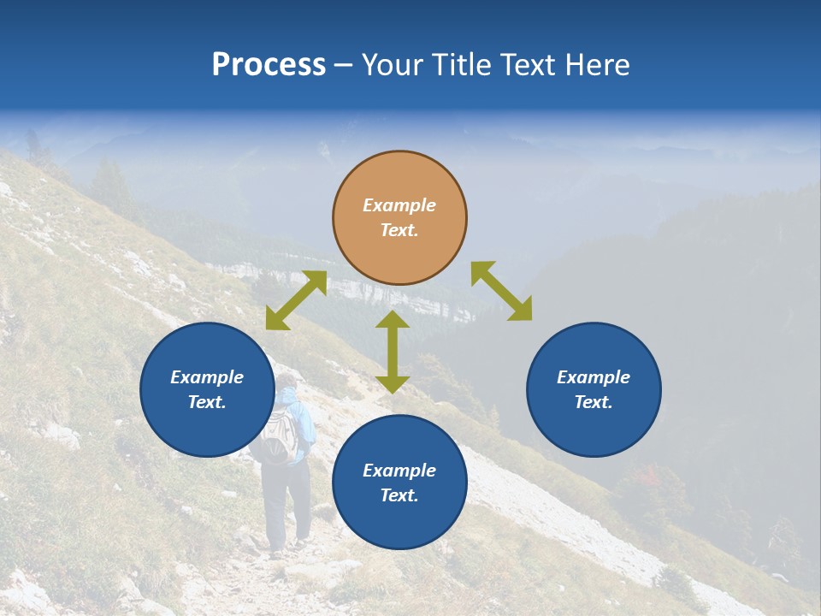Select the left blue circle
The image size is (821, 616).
click(207, 389)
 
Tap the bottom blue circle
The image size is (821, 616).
click(399, 482)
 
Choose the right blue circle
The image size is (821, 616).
click(594, 389)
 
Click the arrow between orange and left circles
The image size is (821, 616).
click(296, 300)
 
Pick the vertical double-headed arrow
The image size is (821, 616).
click(393, 352)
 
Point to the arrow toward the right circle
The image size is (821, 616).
click(501, 291)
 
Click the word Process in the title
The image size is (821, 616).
click(269, 64)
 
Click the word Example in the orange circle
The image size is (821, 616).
click(399, 205)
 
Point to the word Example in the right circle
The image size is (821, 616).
click(594, 377)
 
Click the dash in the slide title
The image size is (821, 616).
click(344, 66)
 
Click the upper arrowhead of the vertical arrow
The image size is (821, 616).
click(393, 319)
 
